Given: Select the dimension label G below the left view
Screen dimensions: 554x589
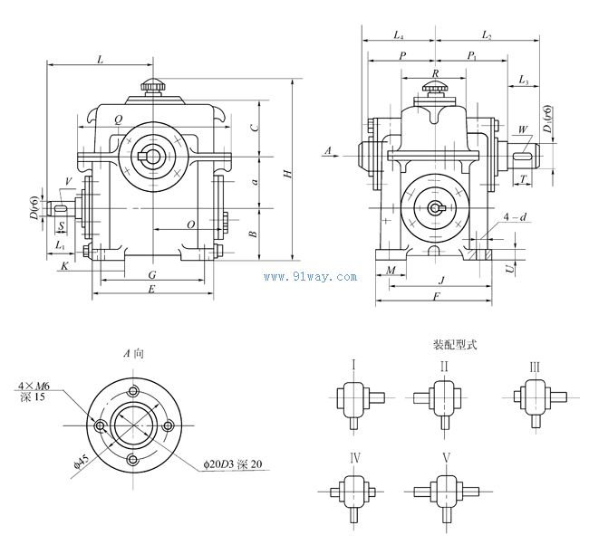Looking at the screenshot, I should click(151, 274).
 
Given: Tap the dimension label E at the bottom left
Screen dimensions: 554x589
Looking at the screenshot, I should click(151, 290).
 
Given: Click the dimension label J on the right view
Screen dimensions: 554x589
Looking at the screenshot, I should click(441, 281).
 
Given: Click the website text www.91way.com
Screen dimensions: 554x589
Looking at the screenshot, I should click(309, 277).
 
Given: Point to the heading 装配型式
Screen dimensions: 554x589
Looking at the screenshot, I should click(454, 344).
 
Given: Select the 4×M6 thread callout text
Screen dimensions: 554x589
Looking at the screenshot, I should click(34, 386).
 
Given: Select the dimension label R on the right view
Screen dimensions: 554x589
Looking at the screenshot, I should click(436, 73).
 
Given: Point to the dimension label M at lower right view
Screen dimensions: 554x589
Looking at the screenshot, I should click(391, 271).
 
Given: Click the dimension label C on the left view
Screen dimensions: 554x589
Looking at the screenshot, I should click(256, 128).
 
